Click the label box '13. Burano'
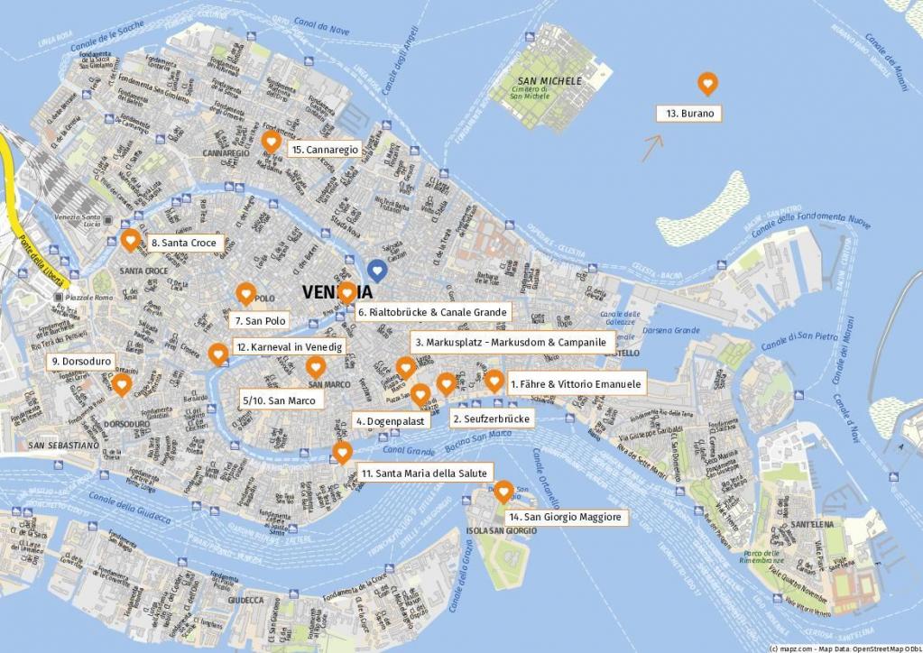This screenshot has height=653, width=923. pos(690,114)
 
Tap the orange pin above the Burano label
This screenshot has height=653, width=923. pos(708,84)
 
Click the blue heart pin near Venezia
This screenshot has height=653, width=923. pos(378,269)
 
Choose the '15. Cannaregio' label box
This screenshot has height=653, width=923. pos(326,150)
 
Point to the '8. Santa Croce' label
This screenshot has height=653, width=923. pos(183,243)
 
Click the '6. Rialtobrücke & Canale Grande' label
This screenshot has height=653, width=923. pos(432,312)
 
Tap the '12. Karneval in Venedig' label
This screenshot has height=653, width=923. pos(288,346)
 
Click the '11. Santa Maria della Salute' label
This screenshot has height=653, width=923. pos(423,473)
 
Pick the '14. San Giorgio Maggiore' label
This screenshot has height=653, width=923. pos(565,517)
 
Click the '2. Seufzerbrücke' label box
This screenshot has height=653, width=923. pos(492,418)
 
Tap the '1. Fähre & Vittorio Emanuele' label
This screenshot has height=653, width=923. pos(576,383)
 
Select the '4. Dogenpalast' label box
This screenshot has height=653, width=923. pos(390,421)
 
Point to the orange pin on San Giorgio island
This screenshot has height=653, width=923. pos(504,490)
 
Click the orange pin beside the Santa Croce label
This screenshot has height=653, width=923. pos(130,240)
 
